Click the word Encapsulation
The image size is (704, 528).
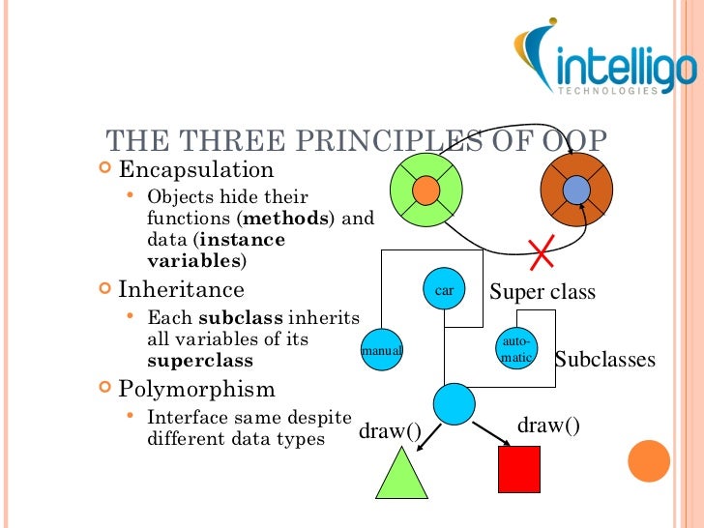pyautogui.click(x=196, y=170)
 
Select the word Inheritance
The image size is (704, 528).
pyautogui.click(x=181, y=289)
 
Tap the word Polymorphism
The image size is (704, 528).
pyautogui.click(x=196, y=390)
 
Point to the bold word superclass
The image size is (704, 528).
pyautogui.click(x=200, y=361)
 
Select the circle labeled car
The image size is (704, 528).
pyautogui.click(x=444, y=290)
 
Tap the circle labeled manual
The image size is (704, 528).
pyautogui.click(x=381, y=350)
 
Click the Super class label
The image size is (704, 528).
pyautogui.click(x=543, y=292)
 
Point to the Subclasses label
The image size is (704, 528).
pyautogui.click(x=605, y=360)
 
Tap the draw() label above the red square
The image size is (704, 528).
pyautogui.click(x=549, y=425)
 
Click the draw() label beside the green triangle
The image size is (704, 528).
pyautogui.click(x=390, y=430)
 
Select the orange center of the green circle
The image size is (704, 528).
pyautogui.click(x=425, y=191)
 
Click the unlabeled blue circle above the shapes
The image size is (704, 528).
pyautogui.click(x=454, y=402)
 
